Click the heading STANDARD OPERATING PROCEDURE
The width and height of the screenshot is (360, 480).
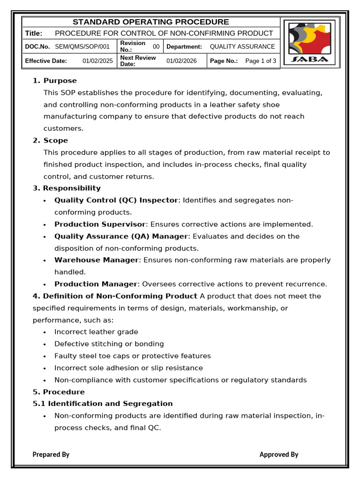[x=150, y=22]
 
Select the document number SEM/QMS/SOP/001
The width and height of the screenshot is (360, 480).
[x=82, y=46]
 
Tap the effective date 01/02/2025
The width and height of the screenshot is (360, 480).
[x=98, y=61]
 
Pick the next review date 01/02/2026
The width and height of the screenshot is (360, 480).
[x=181, y=61]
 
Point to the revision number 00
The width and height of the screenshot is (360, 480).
[x=156, y=46]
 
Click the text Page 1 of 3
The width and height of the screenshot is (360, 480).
[x=261, y=61]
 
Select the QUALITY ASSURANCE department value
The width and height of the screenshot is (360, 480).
[x=242, y=46]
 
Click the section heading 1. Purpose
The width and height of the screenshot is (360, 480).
[x=55, y=81]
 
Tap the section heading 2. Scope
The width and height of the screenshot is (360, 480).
[x=50, y=141]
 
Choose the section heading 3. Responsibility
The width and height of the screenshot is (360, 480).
[x=67, y=188]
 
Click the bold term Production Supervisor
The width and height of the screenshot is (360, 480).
[x=100, y=225]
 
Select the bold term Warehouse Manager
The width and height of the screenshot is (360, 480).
[x=97, y=260]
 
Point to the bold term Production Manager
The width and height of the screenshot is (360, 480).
[x=96, y=284]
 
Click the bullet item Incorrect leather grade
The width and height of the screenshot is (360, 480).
[x=96, y=332]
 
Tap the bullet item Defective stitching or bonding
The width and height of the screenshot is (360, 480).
[x=109, y=344]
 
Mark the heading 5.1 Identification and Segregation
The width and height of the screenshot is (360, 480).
[x=103, y=404]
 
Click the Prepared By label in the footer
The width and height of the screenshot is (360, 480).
[x=51, y=454]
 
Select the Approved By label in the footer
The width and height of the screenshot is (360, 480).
[x=279, y=454]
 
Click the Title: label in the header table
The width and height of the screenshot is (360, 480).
[x=34, y=33]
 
